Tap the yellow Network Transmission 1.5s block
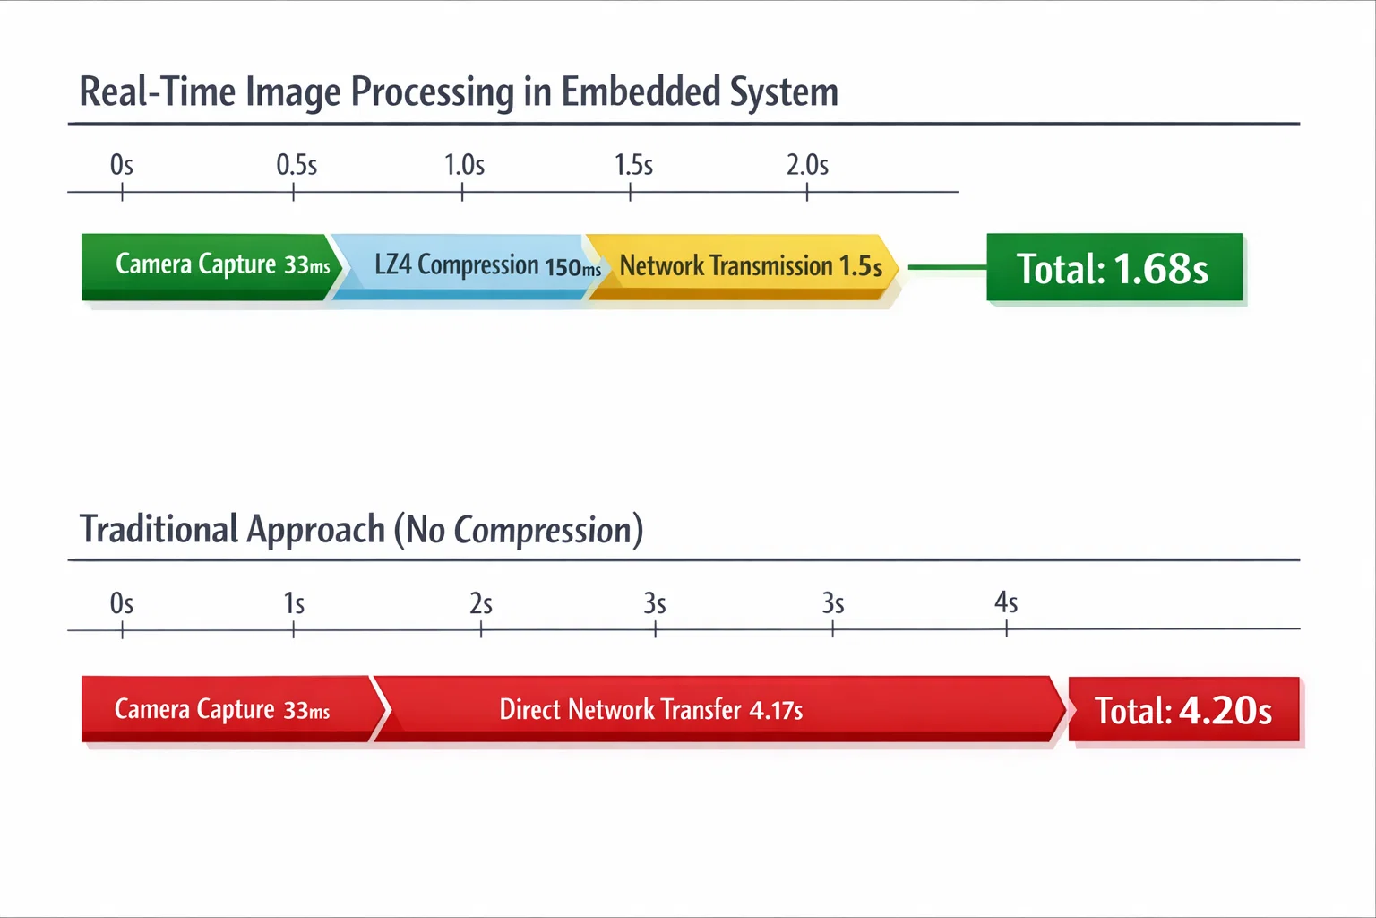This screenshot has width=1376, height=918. click(x=744, y=266)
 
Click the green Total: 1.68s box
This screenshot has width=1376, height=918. click(x=1114, y=268)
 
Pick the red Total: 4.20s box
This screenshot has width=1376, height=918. click(x=1183, y=710)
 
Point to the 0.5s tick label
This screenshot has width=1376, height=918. click(x=297, y=165)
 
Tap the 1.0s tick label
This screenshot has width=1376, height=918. click(x=464, y=165)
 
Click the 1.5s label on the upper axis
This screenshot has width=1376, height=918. click(x=632, y=165)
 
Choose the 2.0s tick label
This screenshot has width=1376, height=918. click(x=807, y=165)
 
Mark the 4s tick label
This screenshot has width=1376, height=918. click(x=1006, y=602)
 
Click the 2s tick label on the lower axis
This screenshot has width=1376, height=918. click(x=481, y=603)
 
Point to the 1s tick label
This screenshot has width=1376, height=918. click(x=294, y=603)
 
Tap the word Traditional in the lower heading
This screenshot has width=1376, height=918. click(x=159, y=529)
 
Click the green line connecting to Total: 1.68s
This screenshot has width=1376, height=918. click(x=947, y=267)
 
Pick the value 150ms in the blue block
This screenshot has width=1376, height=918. click(x=572, y=267)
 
